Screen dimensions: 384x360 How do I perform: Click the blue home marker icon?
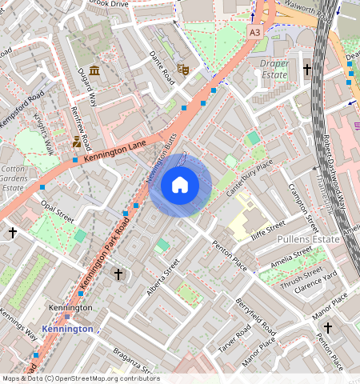pyautogui.click(x=180, y=186)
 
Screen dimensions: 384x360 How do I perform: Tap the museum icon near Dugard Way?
pyautogui.click(x=94, y=72)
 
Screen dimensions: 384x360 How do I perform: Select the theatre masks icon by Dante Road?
pyautogui.click(x=182, y=70)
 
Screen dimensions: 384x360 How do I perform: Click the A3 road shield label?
pyautogui.click(x=254, y=32)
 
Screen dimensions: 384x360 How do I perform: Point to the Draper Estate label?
pyautogui.click(x=274, y=69)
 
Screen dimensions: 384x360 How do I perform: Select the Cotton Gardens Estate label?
pyautogui.click(x=13, y=178)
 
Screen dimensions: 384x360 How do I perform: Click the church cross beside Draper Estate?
pyautogui.click(x=307, y=70)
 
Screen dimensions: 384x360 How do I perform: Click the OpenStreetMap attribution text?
pyautogui.click(x=80, y=378)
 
